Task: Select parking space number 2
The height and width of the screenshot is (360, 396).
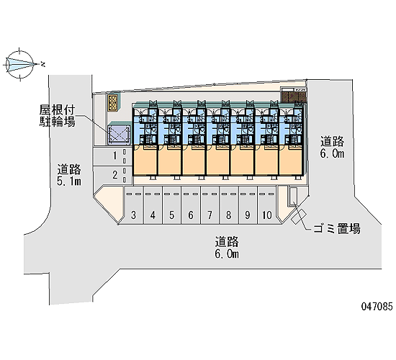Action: tap(112, 175)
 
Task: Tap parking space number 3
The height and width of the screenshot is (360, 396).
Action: tap(133, 205)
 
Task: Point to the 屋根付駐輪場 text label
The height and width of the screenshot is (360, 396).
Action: tap(57, 116)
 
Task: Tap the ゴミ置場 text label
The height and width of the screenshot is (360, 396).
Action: tap(337, 229)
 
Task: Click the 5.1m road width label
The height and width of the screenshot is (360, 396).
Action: tap(69, 181)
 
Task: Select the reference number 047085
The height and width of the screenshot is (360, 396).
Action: tap(377, 307)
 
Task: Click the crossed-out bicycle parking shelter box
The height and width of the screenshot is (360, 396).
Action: tap(120, 135)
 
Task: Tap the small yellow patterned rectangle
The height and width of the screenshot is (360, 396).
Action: tap(112, 103)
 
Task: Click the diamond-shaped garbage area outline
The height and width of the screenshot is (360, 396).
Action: tap(299, 216)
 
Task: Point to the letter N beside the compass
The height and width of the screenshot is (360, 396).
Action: tap(43, 64)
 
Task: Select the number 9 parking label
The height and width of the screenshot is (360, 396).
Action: tap(248, 215)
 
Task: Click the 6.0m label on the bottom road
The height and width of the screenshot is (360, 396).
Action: tap(227, 253)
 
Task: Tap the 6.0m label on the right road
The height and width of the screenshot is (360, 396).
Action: tap(332, 153)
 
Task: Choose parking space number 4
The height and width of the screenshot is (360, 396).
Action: tap(153, 205)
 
